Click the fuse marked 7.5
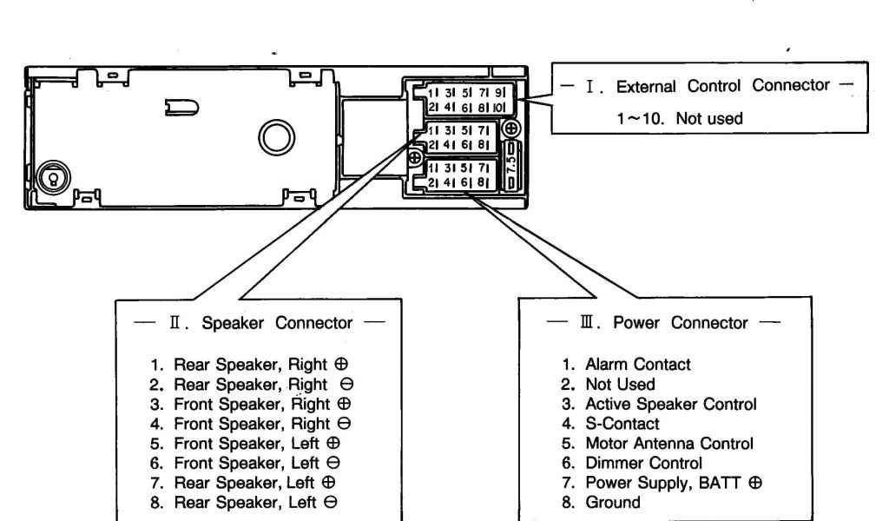click(511, 163)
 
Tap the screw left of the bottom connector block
click(416, 158)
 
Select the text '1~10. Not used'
click(680, 119)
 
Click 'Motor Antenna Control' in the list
click(669, 443)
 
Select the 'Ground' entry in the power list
click(612, 502)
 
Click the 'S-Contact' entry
click(622, 424)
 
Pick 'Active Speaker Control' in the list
click(670, 404)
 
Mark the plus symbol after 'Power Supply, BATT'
click(755, 483)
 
